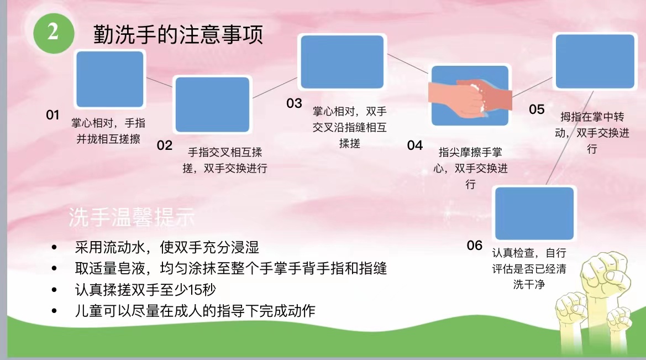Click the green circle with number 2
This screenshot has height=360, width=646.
(54, 33)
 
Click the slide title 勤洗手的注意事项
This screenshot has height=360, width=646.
(178, 34)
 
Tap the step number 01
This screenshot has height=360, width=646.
(52, 114)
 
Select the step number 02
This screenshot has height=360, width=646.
(164, 145)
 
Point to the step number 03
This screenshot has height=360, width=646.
(294, 103)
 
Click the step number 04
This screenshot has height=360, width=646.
(415, 145)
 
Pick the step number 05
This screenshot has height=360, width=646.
(537, 109)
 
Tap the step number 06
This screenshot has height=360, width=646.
(475, 246)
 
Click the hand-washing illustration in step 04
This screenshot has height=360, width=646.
(470, 96)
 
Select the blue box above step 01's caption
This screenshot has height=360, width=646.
(110, 79)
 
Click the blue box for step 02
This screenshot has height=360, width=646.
(213, 105)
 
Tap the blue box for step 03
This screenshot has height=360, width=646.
(343, 62)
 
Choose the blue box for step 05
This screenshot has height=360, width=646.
(595, 61)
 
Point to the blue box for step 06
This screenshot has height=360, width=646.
(534, 213)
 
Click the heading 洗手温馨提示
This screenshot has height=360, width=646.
(132, 217)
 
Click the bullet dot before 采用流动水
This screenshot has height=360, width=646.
(54, 247)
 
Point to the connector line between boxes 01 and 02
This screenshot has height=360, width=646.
(160, 82)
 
